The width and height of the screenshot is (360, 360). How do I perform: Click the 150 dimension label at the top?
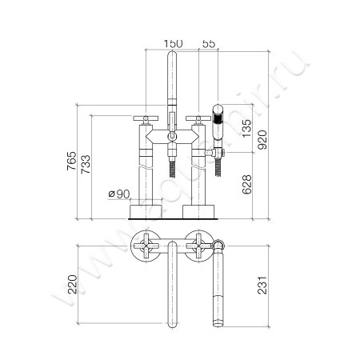tap(172, 42)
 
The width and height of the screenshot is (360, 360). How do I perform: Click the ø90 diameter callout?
tap(118, 193)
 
